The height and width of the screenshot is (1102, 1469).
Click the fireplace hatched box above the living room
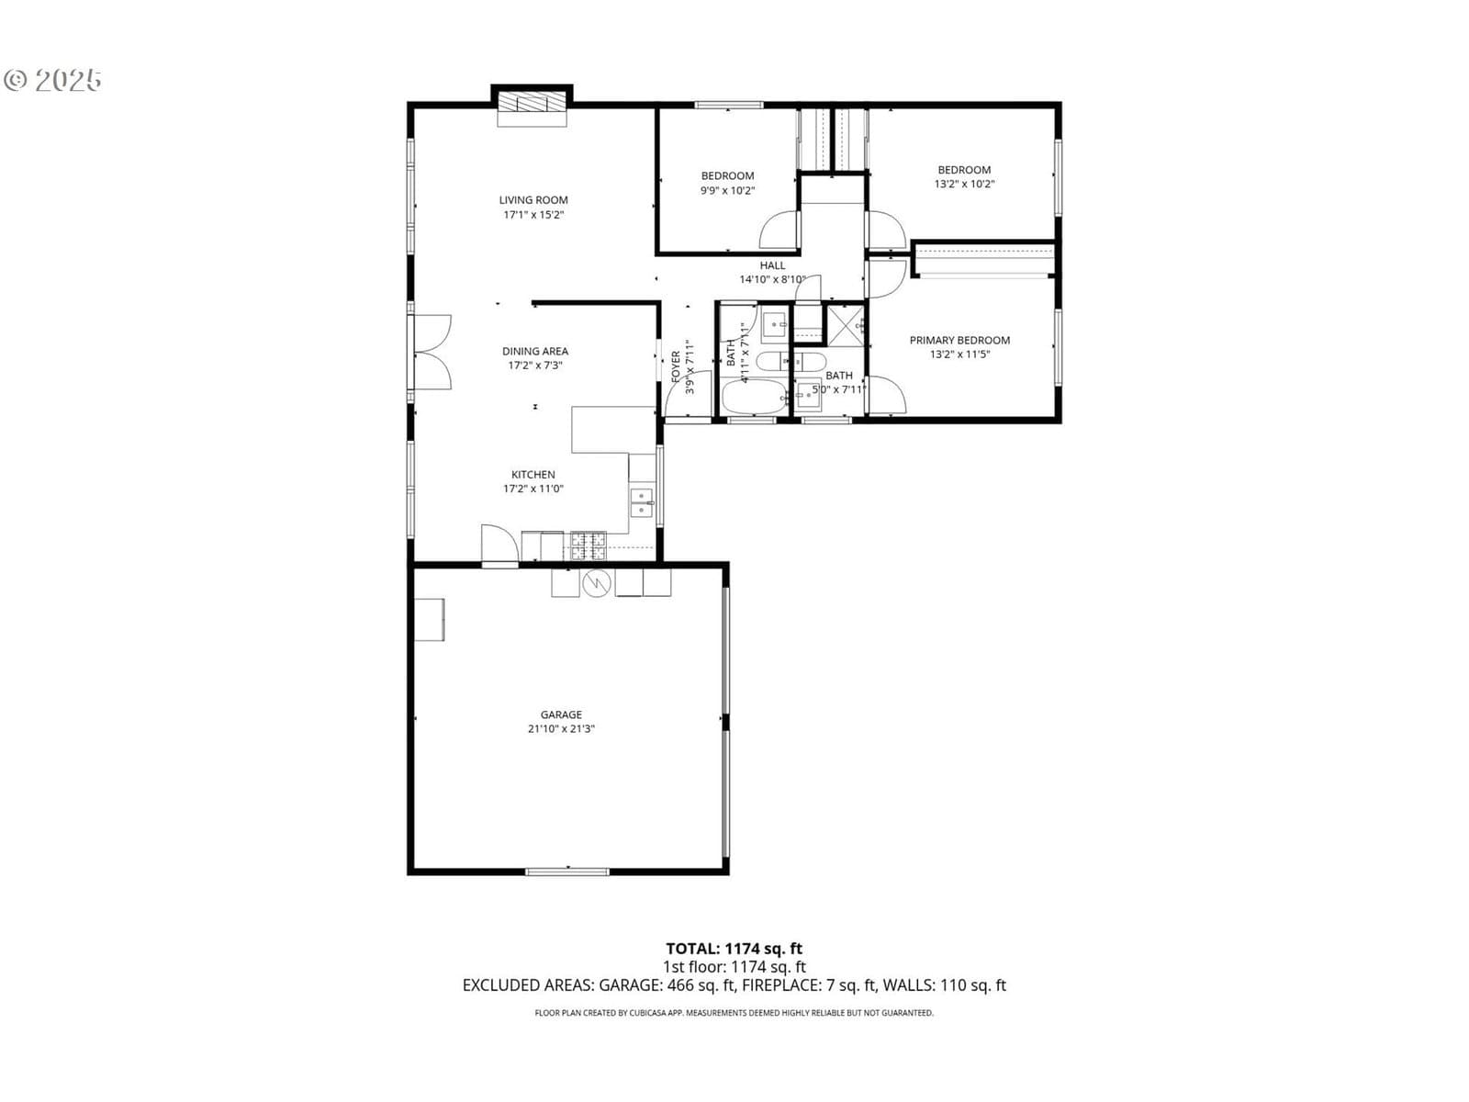532,102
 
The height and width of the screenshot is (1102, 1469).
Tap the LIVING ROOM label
533,200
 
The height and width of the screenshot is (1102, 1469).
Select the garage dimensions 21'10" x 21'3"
561,728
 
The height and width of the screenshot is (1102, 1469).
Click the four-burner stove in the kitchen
589,545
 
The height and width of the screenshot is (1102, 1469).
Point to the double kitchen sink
642,502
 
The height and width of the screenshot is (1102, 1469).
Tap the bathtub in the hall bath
755,398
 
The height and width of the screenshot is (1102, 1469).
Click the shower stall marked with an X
846,326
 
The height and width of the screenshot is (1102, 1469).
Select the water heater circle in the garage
597,583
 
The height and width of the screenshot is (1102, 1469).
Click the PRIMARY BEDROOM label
959,340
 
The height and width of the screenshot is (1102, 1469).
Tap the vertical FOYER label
676,366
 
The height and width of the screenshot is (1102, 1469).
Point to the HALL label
772,265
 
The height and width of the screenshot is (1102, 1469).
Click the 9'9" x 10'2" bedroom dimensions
727,190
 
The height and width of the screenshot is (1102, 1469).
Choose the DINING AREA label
534,352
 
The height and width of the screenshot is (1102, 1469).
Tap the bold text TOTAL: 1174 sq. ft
734,948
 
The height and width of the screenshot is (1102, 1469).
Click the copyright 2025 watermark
52,80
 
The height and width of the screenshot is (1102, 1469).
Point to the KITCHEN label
533,475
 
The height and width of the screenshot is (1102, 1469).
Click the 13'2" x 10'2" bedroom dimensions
964,184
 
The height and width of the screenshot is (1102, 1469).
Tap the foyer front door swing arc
677,384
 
